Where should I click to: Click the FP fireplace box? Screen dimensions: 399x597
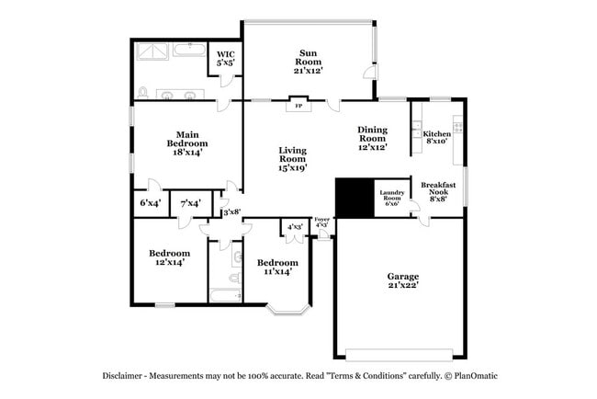click(x=298, y=106)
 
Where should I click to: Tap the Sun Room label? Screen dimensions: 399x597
click(x=308, y=62)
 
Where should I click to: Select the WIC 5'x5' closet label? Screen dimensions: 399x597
click(x=225, y=60)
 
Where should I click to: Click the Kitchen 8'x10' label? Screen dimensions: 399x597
click(x=437, y=138)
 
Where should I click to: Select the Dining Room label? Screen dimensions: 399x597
click(x=372, y=138)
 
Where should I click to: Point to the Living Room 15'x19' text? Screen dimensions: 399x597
click(x=293, y=158)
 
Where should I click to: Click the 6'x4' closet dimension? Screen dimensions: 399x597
click(x=150, y=202)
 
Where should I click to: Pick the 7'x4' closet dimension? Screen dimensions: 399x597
click(x=190, y=202)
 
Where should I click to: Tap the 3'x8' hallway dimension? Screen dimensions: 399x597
click(x=231, y=212)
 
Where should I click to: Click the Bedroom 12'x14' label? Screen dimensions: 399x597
click(x=170, y=257)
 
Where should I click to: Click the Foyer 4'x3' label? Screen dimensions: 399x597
click(x=321, y=222)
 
